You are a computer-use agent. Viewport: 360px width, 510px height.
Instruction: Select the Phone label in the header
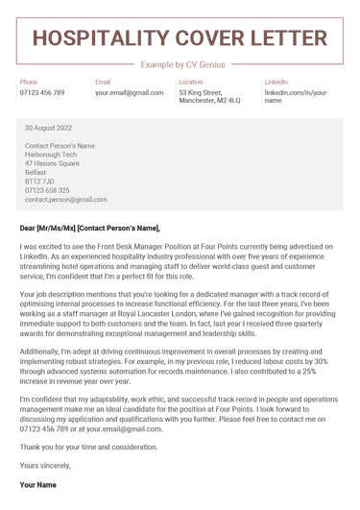(x=29, y=83)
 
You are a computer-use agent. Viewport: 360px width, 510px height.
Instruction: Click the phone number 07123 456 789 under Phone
(x=42, y=93)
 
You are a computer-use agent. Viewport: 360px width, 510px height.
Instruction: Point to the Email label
(x=103, y=83)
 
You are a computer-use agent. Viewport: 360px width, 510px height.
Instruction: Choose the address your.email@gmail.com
(x=130, y=93)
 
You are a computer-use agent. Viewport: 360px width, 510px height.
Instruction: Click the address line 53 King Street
(x=204, y=93)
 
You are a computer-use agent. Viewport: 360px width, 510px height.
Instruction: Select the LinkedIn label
(x=276, y=83)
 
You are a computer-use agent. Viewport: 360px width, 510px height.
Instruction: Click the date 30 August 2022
(x=48, y=128)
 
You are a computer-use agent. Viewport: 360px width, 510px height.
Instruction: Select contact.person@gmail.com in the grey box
(x=65, y=200)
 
